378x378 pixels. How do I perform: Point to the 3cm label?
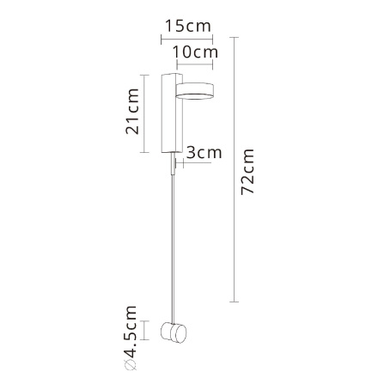point(204,152)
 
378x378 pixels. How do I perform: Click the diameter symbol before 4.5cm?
point(131,367)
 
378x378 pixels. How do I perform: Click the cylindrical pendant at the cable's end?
point(180,334)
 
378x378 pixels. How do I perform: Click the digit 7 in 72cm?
point(249,191)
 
